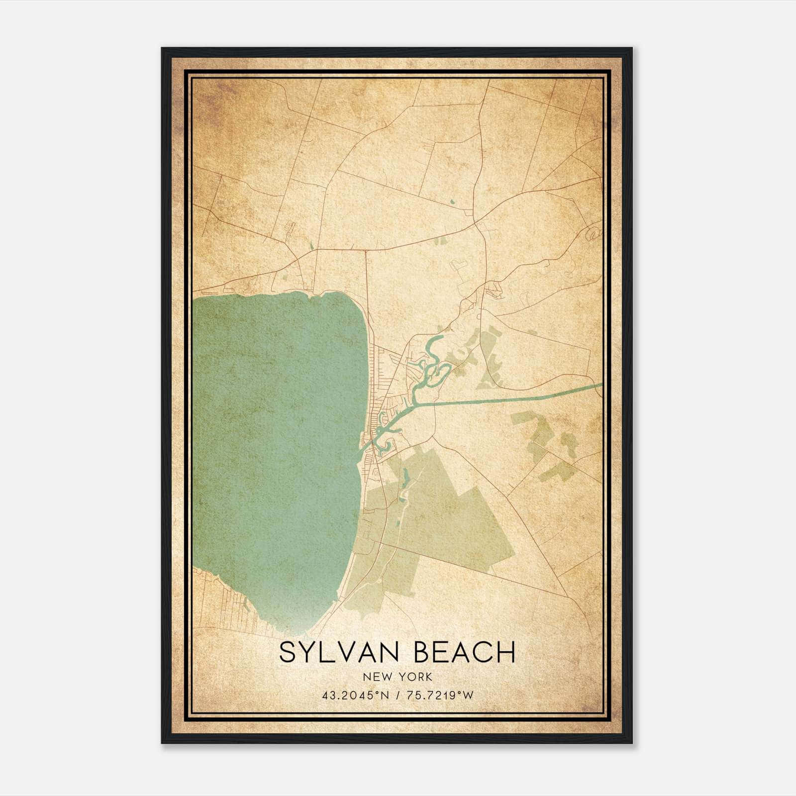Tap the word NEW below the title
coord(376,677)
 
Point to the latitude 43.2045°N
coord(353,696)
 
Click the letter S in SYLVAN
coord(287,652)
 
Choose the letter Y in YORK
coord(399,677)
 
